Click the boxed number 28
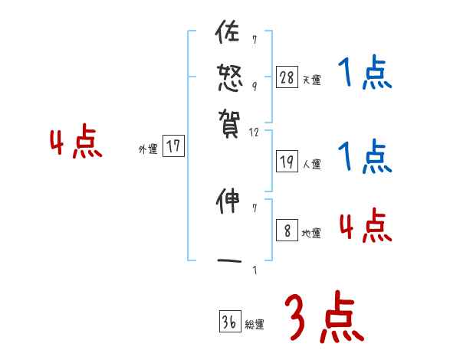coord(287,77)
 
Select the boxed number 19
coord(287,162)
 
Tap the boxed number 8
coord(287,231)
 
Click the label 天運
coord(311,80)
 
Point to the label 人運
coord(311,164)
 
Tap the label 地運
coord(311,234)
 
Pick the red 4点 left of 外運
coord(76,144)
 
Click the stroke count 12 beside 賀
coord(255,133)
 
